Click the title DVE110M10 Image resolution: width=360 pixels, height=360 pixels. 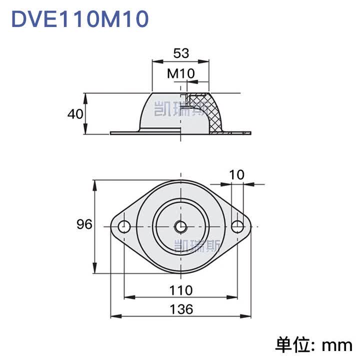coord(80,19)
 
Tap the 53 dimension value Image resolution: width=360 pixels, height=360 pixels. coord(181,53)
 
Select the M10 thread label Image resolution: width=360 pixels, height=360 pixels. coord(181,73)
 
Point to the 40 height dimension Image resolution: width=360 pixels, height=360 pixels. coord(75,114)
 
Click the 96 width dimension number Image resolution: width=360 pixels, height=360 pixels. coord(84,224)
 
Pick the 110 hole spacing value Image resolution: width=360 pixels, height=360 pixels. coord(181,290)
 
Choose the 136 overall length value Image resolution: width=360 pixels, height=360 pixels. coord(181,309)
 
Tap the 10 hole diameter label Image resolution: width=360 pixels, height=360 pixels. coord(236,175)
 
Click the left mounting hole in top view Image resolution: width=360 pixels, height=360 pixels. coord(124,226)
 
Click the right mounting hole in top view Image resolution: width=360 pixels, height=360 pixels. coord(237,226)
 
